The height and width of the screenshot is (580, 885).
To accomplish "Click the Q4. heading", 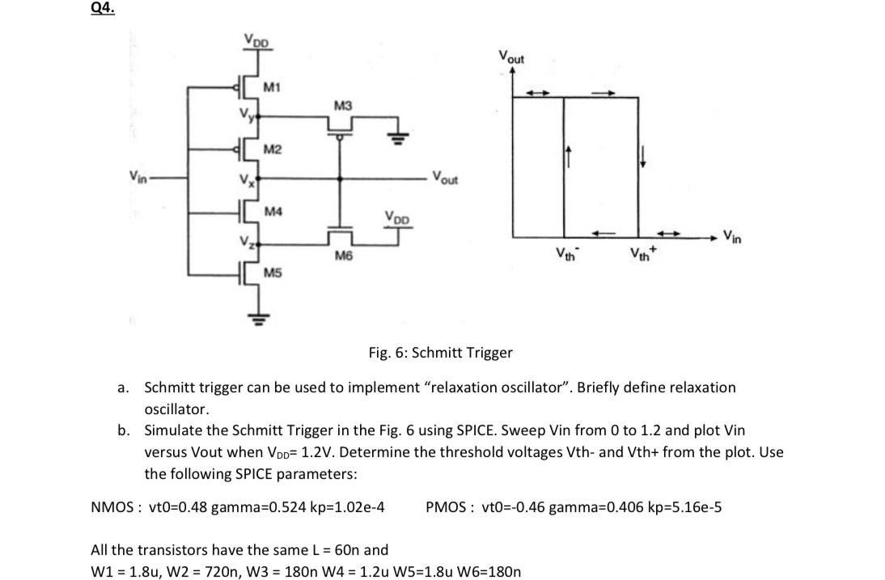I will (x=104, y=9).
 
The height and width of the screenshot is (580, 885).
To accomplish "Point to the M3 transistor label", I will (x=343, y=106).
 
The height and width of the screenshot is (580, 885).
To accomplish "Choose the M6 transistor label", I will (x=343, y=256).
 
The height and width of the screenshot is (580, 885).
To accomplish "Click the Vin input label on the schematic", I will (x=138, y=176).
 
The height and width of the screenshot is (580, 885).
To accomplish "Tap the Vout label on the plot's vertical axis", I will (x=511, y=58).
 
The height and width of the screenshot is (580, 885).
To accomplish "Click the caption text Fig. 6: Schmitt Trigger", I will (x=440, y=353).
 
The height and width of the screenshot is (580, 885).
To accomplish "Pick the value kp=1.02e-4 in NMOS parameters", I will (x=350, y=507).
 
